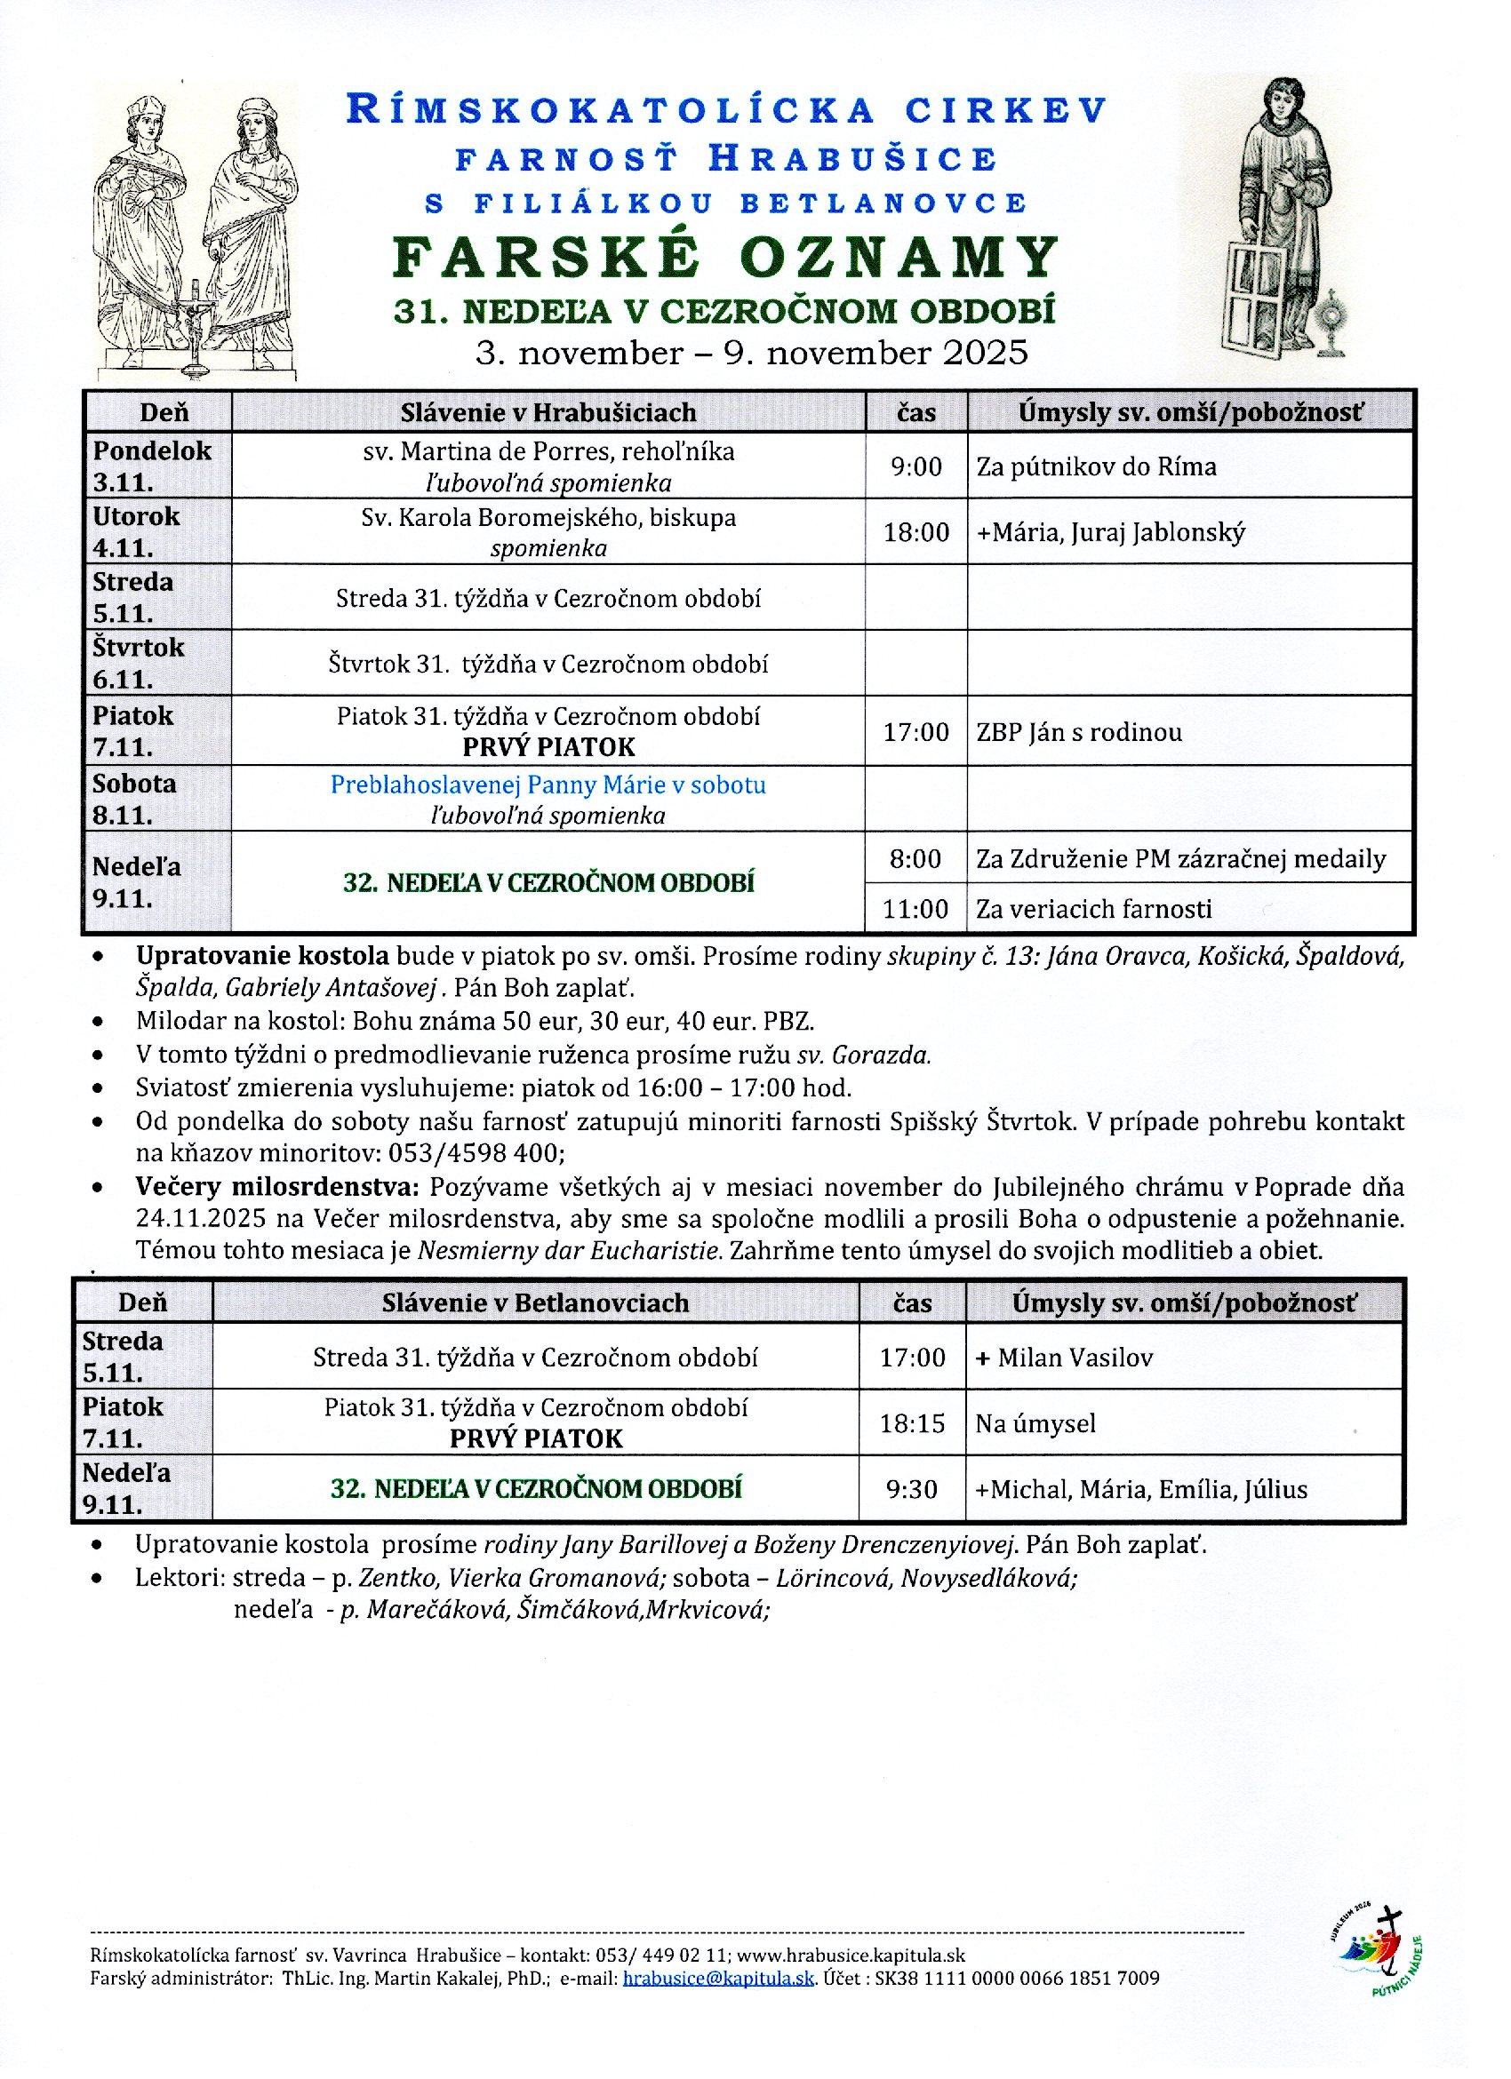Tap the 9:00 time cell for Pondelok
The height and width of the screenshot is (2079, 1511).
tap(916, 466)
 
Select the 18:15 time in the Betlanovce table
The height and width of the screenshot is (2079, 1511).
tap(911, 1422)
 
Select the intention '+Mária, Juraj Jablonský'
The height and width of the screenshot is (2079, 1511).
tap(1110, 531)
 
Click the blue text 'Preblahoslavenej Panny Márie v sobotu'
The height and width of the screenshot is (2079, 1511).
tap(548, 785)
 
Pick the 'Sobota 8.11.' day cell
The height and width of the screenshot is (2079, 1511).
tap(135, 799)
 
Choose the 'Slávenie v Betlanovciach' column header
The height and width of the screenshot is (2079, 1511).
tap(535, 1302)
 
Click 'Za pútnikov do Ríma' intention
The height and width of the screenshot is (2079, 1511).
tap(1096, 466)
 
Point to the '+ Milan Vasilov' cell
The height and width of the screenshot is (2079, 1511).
tap(1064, 1358)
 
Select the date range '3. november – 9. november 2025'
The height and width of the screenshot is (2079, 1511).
tap(751, 353)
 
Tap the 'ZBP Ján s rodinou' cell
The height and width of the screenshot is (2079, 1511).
tap(1078, 731)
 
